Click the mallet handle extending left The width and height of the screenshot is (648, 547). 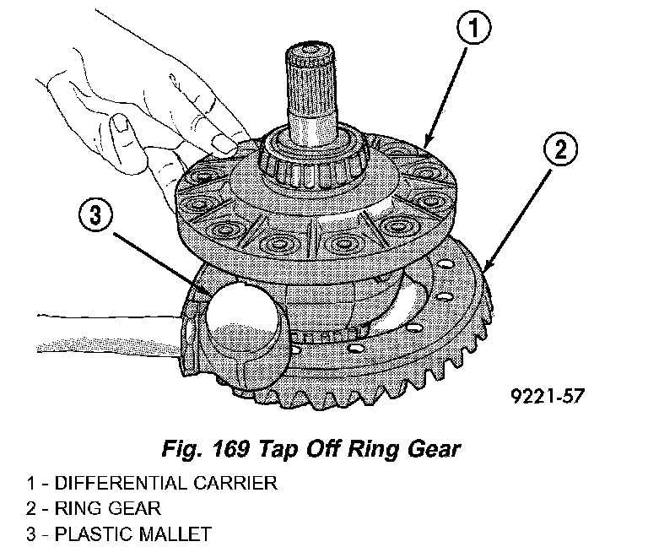101,345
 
